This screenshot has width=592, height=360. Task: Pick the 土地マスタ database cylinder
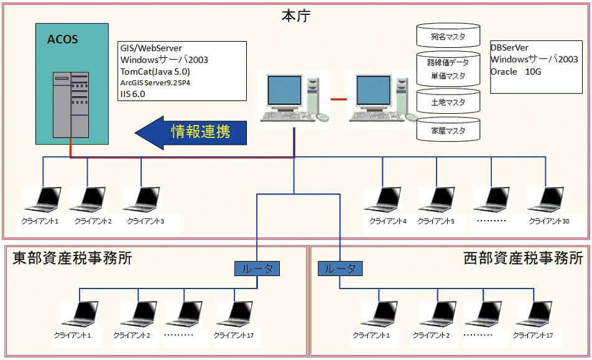(448, 103)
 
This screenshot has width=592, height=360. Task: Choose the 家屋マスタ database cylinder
(448, 131)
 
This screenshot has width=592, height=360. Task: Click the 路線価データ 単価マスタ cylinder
(448, 69)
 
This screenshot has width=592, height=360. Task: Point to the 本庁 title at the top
(296, 16)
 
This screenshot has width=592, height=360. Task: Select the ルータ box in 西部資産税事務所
(340, 269)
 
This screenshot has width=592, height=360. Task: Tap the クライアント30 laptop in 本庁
(547, 200)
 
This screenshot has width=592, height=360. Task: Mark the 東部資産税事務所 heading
(72, 259)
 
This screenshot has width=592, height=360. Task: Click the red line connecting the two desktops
(339, 99)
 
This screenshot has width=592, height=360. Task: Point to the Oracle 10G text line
(516, 72)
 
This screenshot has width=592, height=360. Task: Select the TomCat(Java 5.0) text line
(155, 72)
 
